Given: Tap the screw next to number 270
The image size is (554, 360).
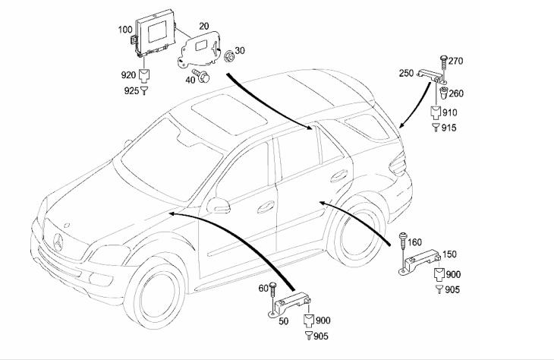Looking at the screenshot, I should pos(442,60).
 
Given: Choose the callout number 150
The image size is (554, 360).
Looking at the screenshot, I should pos(450,254).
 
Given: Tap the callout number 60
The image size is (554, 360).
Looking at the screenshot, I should pos(264,288).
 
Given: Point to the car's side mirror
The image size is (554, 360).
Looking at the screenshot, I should pos(219,206).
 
